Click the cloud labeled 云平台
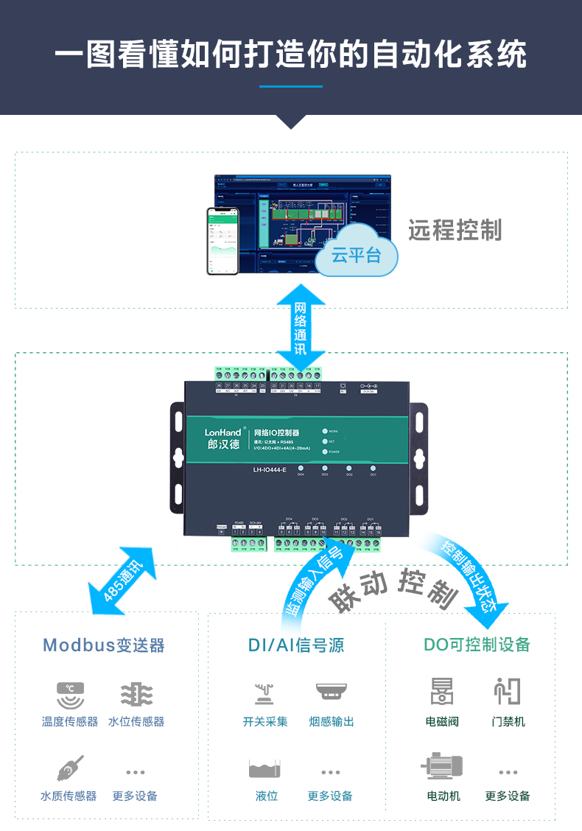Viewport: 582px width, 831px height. (x=357, y=256)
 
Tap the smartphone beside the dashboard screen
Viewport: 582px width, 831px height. (x=223, y=241)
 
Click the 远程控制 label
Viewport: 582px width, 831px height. (x=455, y=230)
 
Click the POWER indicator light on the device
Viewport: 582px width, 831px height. (x=324, y=452)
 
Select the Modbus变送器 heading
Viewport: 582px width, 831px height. (x=104, y=645)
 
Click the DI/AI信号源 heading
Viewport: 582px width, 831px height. (x=296, y=645)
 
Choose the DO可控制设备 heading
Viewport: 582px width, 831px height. (x=477, y=645)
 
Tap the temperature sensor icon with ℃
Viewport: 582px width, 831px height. (x=71, y=695)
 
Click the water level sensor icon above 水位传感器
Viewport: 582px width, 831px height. (x=136, y=695)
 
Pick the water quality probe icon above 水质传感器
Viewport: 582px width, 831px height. (x=70, y=768)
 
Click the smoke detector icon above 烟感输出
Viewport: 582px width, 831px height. (x=331, y=692)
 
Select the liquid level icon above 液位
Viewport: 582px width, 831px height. (x=265, y=768)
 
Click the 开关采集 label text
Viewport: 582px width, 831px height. (x=265, y=722)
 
